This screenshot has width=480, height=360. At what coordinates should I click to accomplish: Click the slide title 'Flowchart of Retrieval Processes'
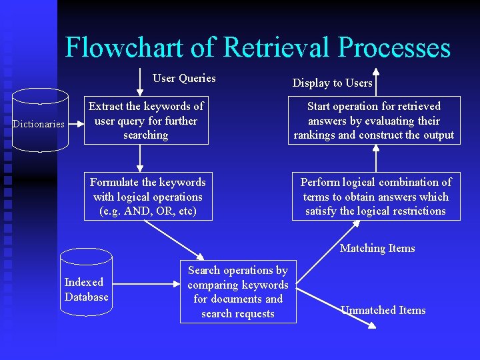point(258,48)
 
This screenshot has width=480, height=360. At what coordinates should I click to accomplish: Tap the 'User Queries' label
point(184,79)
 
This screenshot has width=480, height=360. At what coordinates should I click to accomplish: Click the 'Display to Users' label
point(332,83)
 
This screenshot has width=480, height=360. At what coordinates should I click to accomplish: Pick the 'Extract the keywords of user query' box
point(146,121)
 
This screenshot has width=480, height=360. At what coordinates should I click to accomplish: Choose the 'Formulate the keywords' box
point(148,197)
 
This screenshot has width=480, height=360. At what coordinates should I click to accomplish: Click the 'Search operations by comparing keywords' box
point(238,292)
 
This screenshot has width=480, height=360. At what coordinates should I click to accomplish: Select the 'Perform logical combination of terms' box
point(376,197)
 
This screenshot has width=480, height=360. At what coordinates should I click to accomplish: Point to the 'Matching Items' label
point(377,248)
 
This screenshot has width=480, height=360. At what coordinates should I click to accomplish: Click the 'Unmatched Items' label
point(383,310)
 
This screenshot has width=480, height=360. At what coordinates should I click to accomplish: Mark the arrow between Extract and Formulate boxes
point(140,159)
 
